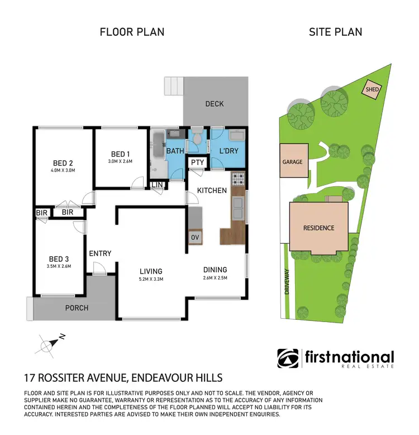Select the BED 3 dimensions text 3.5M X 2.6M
(59, 267)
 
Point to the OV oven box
(196, 237)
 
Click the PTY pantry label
(197, 163)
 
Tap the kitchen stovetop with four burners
(238, 179)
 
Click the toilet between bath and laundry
(197, 143)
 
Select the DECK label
(215, 103)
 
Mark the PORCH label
(77, 307)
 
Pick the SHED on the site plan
(372, 89)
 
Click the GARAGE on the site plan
(292, 162)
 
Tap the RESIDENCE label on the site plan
(319, 228)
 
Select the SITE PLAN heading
(335, 32)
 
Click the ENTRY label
(100, 253)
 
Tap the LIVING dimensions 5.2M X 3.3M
(151, 279)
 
